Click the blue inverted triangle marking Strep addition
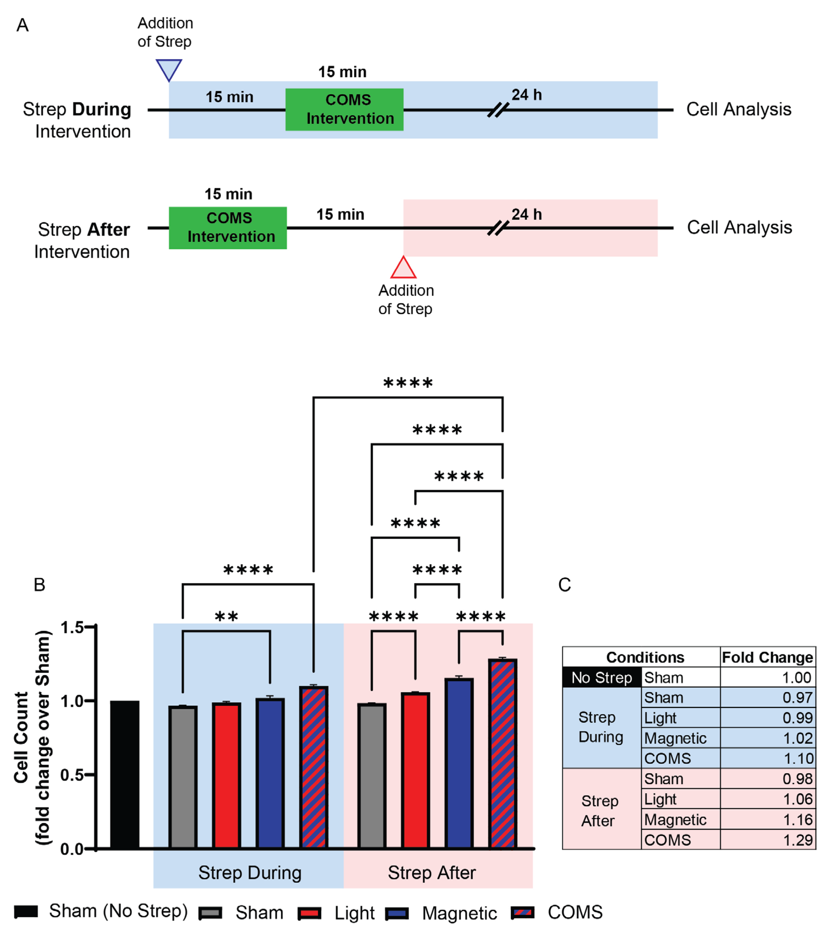[169, 69]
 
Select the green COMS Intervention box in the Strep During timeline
[344, 109]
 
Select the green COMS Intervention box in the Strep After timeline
[227, 228]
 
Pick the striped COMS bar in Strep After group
[502, 755]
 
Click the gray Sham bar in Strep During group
[183, 778]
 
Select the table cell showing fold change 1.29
[797, 840]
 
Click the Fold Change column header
[767, 657]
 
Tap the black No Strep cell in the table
[601, 678]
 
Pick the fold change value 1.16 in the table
[797, 820]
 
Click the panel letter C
[564, 585]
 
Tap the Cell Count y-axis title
[21, 737]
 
